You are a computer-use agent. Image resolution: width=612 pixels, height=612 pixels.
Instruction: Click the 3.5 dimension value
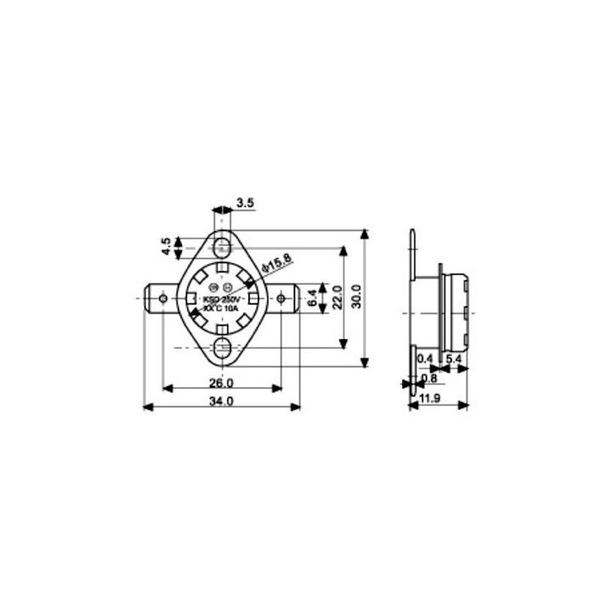[246, 202]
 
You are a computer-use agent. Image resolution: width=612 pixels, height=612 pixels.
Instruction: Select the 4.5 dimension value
[167, 246]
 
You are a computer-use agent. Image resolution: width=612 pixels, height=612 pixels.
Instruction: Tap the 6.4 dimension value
[312, 298]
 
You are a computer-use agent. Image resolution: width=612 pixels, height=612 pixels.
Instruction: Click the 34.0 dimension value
[222, 399]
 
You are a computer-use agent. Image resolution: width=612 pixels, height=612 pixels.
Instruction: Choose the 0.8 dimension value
[429, 378]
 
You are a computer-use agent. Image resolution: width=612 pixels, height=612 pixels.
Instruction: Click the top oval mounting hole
[223, 247]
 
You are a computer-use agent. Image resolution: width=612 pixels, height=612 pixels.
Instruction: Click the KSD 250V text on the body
[223, 301]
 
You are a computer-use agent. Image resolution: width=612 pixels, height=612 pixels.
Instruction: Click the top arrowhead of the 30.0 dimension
[365, 232]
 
